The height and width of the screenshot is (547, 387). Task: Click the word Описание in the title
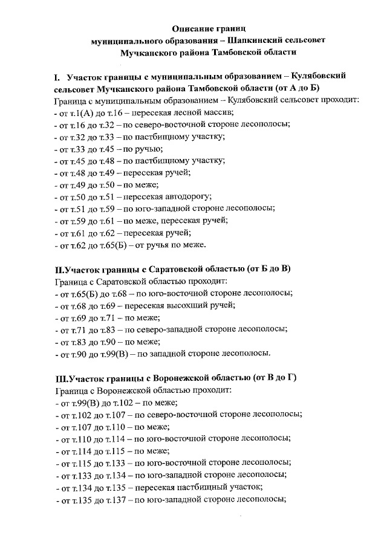(191, 28)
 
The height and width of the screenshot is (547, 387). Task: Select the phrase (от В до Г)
(275, 379)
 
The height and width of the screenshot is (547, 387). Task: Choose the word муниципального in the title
(126, 40)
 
